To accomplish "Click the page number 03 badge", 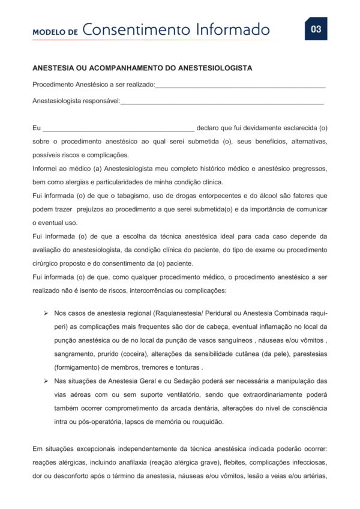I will coord(316,29).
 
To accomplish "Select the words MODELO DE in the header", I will coord(55,32).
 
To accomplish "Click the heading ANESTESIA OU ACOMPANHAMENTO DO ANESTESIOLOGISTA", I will coord(142,68).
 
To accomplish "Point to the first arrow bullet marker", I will coord(46,313).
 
